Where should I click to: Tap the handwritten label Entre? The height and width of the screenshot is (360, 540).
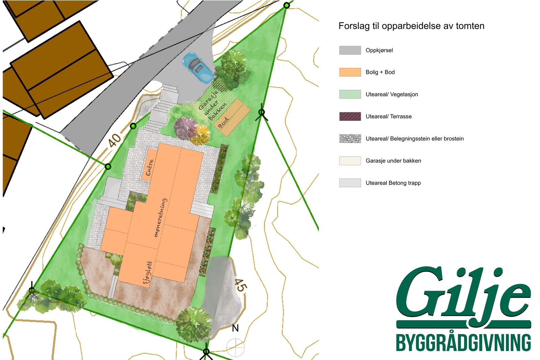click(150, 168)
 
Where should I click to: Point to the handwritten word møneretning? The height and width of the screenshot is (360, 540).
click(160, 218)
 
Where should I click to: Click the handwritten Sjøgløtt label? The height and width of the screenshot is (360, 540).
click(147, 273)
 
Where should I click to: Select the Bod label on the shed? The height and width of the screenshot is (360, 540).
click(223, 122)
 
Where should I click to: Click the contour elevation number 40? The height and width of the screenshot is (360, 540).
click(115, 140)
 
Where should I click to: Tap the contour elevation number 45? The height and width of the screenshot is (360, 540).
click(240, 285)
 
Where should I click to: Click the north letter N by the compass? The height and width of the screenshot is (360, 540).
click(235, 328)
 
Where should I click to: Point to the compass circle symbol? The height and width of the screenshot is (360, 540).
click(235, 347)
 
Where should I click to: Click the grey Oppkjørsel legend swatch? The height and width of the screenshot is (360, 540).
click(350, 50)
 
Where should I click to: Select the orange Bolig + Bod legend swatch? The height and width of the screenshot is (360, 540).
click(350, 72)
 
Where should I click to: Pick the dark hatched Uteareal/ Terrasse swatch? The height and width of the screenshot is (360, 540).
click(350, 116)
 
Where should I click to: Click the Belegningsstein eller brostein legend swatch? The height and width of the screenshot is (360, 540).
click(350, 139)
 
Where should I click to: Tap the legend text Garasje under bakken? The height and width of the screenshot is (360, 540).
click(393, 161)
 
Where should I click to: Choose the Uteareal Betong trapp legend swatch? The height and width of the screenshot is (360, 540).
click(350, 183)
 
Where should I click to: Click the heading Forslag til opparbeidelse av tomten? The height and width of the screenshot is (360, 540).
click(411, 26)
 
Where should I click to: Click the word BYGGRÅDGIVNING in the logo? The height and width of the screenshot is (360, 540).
click(463, 343)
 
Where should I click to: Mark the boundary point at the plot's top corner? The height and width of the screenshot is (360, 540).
click(287, 5)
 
